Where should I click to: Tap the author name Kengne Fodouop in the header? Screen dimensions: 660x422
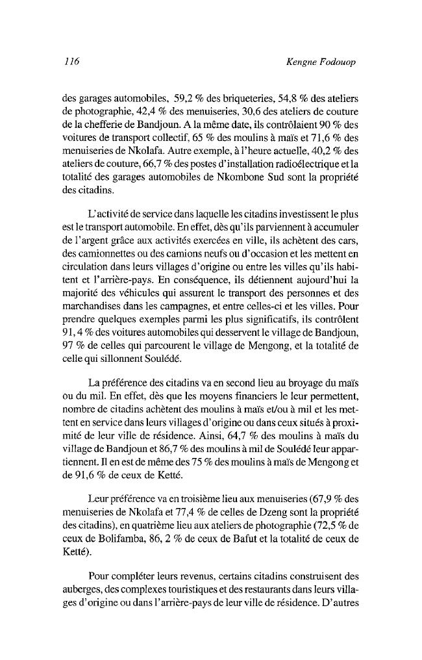click(x=322, y=62)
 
